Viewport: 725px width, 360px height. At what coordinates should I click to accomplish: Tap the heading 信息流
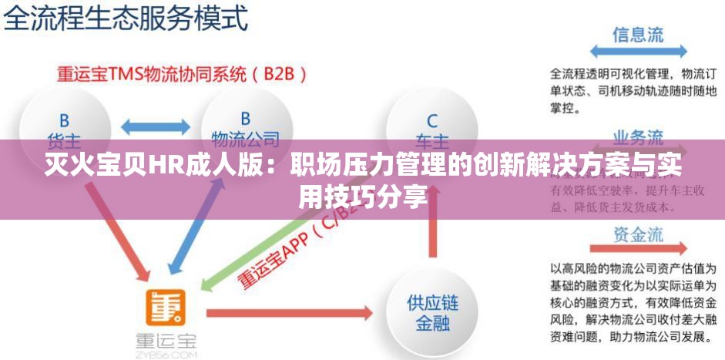tap(637, 35)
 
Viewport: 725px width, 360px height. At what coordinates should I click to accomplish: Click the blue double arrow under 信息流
tap(637, 51)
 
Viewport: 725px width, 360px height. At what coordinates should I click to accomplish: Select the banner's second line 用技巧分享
tap(362, 198)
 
